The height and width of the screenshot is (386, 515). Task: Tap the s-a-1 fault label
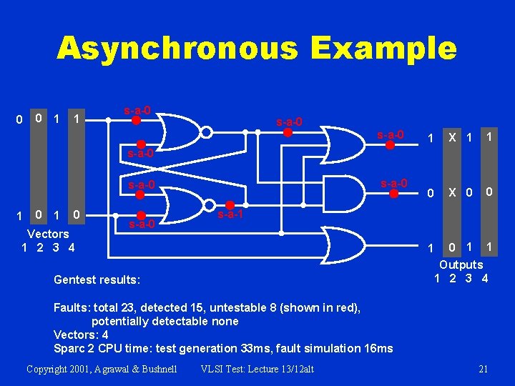(x=231, y=214)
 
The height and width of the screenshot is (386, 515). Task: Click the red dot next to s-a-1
(x=230, y=203)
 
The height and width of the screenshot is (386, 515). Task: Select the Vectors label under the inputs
(x=48, y=234)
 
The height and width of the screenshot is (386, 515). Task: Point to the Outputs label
(x=461, y=265)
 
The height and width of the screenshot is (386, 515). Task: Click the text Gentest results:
(x=97, y=279)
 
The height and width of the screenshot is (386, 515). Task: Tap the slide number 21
(x=483, y=369)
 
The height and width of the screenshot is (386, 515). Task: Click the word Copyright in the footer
(x=49, y=369)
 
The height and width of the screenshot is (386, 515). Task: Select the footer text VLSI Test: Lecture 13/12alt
(x=257, y=369)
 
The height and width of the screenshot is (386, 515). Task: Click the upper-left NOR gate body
(x=175, y=132)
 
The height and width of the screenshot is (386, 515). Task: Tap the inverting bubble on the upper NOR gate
(x=205, y=132)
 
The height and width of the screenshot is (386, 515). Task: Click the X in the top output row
(x=452, y=137)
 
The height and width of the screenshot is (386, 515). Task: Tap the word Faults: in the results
(x=71, y=307)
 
